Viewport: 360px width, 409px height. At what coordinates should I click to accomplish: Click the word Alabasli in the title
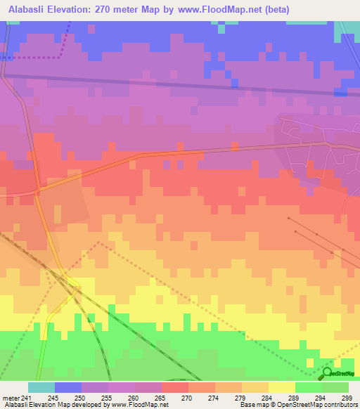[x=28, y=9]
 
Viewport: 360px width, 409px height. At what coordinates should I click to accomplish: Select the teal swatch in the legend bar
[x=41, y=387]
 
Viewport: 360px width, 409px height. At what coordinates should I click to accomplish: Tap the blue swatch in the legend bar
[x=67, y=387]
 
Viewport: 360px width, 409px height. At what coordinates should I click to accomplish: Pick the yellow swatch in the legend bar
[x=281, y=387]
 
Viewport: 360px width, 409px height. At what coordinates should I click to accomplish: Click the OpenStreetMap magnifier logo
[x=327, y=373]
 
